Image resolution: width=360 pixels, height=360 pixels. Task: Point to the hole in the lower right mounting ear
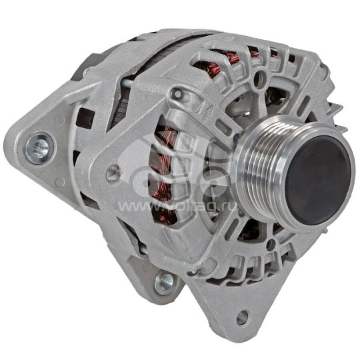(x=242, y=316)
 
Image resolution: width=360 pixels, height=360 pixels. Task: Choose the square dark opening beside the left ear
(x=82, y=121)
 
